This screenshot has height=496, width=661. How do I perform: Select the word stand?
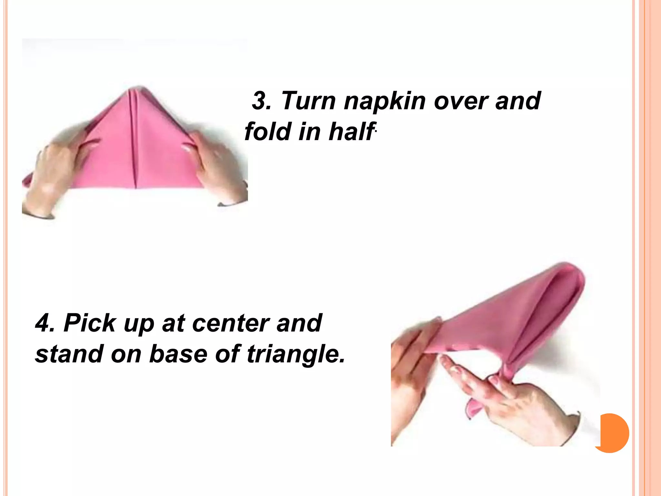point(70,354)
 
